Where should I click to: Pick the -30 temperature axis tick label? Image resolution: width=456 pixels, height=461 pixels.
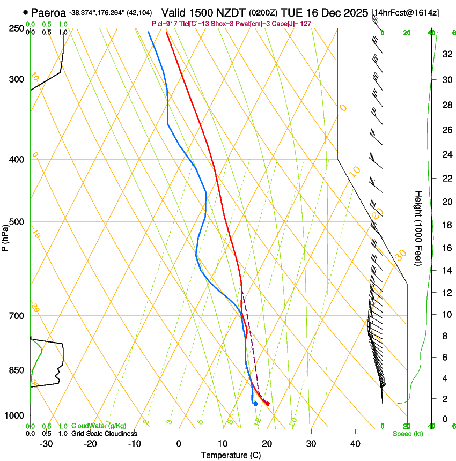click(46, 443)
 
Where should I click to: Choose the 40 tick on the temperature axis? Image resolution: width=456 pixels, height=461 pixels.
click(355, 443)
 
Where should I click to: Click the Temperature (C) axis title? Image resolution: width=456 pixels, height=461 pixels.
click(231, 455)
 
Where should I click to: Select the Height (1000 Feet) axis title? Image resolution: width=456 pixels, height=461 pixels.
click(418, 228)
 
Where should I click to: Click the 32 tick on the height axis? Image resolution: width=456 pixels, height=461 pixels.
click(446, 54)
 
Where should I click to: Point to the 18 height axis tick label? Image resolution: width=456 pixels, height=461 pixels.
click(446, 225)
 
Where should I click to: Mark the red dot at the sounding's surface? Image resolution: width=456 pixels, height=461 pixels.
click(267, 404)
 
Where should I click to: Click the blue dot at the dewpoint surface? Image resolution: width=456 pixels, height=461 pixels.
click(255, 404)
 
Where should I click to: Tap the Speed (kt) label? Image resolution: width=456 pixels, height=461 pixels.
click(408, 434)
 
